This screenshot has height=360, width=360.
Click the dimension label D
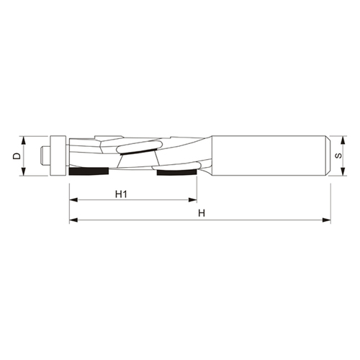coord(17,156)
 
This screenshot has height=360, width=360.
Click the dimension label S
coord(338,156)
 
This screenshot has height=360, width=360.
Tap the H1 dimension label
coord(121,194)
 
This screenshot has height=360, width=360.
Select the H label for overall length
coord(202,213)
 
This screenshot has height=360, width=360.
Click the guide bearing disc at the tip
coord(58,156)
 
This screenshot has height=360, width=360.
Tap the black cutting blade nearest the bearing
coord(89,171)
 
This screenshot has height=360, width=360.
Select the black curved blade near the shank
coord(177,172)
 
